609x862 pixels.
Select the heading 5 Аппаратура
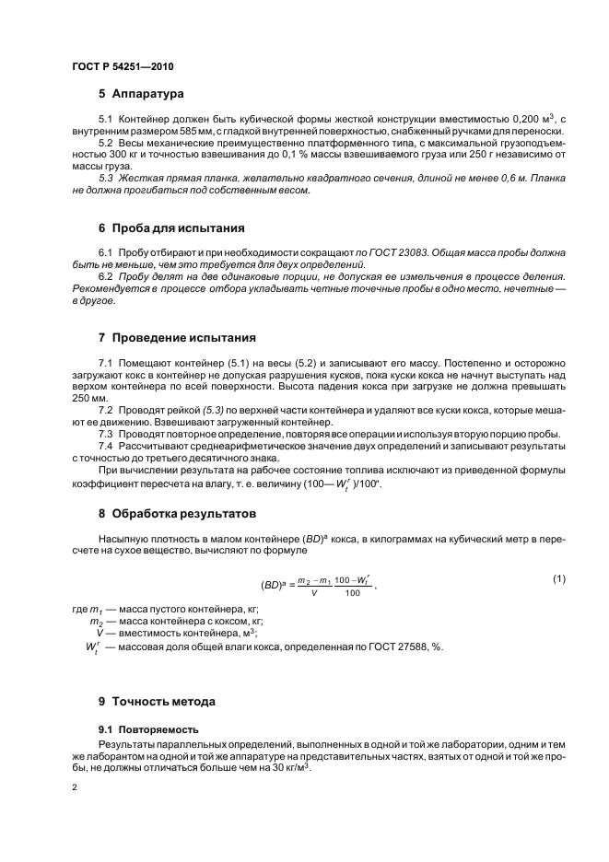coord(142,94)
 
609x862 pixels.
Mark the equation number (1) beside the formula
coord(557,577)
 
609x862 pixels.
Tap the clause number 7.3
coord(105,434)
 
